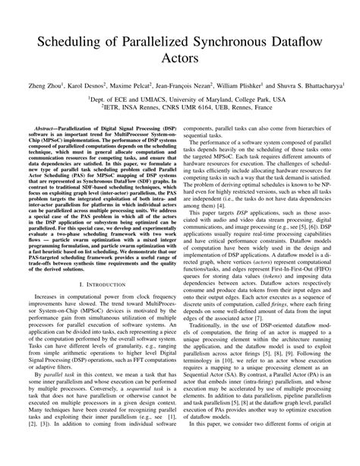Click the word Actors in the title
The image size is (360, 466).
tap(180, 56)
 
